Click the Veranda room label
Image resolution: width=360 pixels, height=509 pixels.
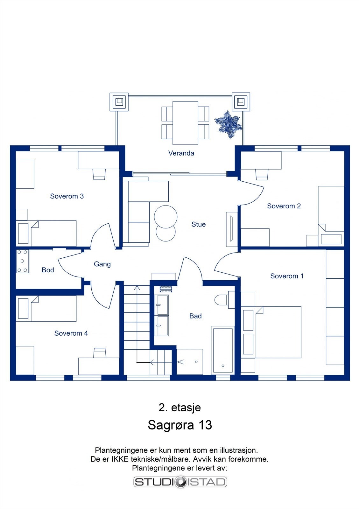[181, 153]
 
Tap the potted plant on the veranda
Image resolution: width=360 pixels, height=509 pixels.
[228, 124]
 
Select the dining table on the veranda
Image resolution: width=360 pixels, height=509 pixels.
[185, 123]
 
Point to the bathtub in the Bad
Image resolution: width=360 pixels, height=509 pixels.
[222, 350]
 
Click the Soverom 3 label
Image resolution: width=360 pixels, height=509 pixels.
[67, 196]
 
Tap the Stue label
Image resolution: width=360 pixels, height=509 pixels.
[198, 224]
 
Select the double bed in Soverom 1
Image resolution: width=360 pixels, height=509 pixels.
[277, 332]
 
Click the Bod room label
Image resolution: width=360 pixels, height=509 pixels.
[48, 270]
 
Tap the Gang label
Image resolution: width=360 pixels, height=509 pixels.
[102, 264]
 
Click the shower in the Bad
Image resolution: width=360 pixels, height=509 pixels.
[190, 362]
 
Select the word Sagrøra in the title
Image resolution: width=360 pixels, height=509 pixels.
[171, 425]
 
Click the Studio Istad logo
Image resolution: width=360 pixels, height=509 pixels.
[180, 482]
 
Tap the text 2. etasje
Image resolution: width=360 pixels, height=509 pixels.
[180, 408]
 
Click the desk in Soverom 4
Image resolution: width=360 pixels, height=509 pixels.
[99, 366]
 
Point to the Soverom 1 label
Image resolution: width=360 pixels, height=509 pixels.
[287, 276]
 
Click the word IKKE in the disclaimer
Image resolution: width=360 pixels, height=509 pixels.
[120, 459]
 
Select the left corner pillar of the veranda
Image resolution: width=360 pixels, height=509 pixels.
[119, 102]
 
